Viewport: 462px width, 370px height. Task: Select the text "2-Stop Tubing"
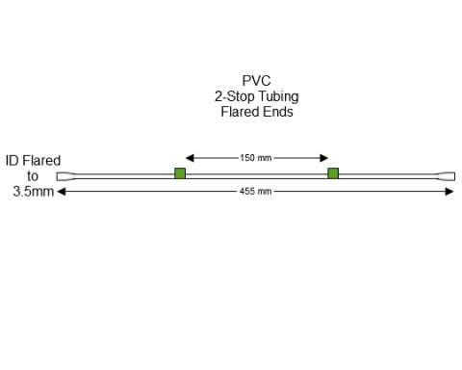(x=255, y=96)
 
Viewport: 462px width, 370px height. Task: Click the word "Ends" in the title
(x=278, y=112)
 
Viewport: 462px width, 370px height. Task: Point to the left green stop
(x=179, y=173)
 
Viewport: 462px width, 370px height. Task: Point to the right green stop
(x=333, y=173)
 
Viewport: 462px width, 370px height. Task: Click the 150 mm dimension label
(x=255, y=157)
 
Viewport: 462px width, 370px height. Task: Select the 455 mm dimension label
(x=256, y=192)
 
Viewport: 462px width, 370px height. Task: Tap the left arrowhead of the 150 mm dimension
(x=190, y=157)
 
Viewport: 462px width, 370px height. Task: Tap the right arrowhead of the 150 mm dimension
(x=324, y=157)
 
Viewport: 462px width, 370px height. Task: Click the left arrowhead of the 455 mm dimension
(x=62, y=192)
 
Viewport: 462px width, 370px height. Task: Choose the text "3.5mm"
(x=33, y=192)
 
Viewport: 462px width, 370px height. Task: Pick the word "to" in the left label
(x=33, y=176)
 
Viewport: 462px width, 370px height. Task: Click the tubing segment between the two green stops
(x=256, y=174)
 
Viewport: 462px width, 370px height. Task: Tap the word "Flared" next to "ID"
(x=42, y=161)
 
